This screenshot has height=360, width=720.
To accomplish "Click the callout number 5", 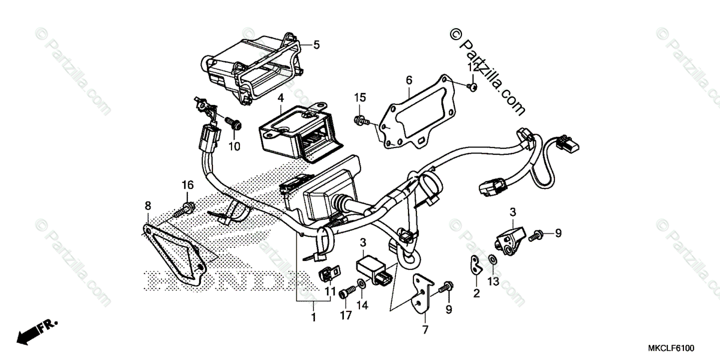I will pyautogui.click(x=316, y=44).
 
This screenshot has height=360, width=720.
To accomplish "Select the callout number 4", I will pyautogui.click(x=280, y=97).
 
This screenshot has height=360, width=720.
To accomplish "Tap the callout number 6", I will pyautogui.click(x=409, y=79).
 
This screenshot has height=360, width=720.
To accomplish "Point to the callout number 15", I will pyautogui.click(x=359, y=97).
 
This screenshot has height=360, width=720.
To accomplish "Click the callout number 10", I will pyautogui.click(x=234, y=146).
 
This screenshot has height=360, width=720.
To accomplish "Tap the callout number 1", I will pyautogui.click(x=313, y=316).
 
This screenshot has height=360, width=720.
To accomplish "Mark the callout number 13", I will pyautogui.click(x=493, y=281).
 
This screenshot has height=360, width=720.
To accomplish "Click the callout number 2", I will pyautogui.click(x=476, y=293).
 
